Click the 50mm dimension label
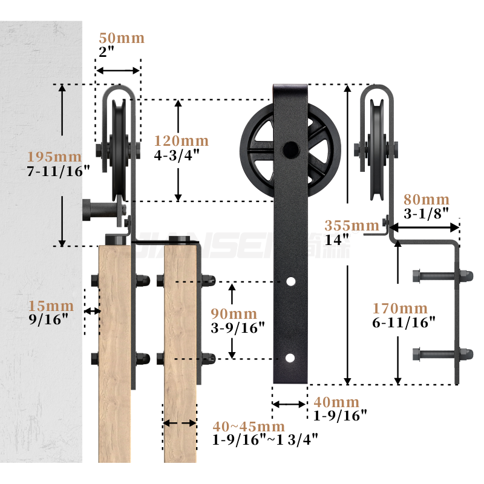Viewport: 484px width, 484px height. [x=122, y=38]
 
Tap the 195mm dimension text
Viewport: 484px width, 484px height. [x=54, y=157]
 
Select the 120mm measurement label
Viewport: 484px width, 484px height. [x=181, y=141]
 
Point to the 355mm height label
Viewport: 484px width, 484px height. [x=352, y=226]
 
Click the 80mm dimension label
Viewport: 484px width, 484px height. [x=427, y=200]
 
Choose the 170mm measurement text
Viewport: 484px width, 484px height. [x=400, y=308]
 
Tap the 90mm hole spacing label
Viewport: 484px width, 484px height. [x=234, y=314]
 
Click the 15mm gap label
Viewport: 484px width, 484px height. [x=51, y=306]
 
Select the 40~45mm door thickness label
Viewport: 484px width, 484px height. [x=249, y=427]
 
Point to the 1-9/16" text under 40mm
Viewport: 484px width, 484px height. [x=340, y=416]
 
